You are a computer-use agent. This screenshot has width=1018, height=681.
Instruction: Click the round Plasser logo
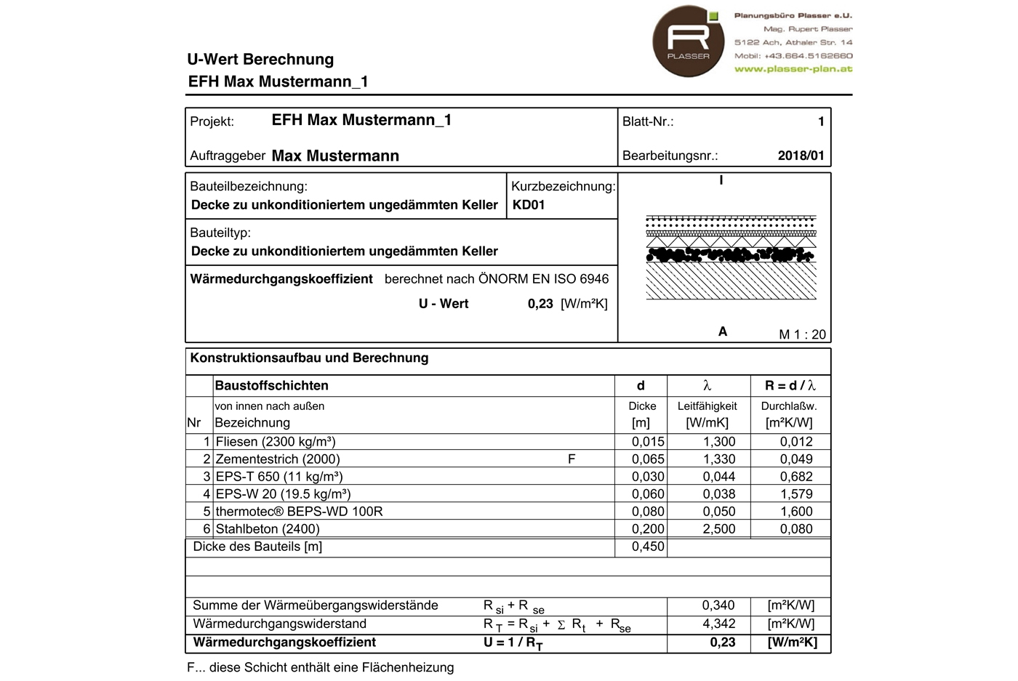point(688,41)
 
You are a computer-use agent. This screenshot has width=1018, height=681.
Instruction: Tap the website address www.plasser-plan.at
point(793,69)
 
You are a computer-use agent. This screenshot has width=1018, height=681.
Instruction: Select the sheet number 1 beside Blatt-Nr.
point(821,121)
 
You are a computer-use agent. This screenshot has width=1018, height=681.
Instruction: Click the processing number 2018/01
point(801,156)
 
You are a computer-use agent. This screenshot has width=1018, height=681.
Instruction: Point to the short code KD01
point(529,205)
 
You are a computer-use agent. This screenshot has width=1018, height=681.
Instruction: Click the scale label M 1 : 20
point(802,334)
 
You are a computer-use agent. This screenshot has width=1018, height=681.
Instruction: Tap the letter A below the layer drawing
point(723,331)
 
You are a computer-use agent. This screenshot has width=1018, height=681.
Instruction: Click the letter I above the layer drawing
point(721,180)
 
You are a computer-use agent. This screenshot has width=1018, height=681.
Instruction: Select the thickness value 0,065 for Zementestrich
point(647,459)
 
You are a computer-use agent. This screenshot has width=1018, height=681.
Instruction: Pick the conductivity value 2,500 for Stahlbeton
point(718,529)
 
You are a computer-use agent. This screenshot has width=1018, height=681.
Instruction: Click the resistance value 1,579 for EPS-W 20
point(795,494)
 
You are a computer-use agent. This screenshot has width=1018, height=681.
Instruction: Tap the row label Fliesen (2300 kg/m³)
point(276,442)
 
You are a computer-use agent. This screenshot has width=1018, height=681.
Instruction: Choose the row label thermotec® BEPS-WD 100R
point(299,512)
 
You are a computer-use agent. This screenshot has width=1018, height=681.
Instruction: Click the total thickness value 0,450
point(647,547)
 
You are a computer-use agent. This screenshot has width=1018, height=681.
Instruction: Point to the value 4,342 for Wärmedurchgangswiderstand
point(718,624)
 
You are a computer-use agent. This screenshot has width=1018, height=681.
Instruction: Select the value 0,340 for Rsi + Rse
point(718,605)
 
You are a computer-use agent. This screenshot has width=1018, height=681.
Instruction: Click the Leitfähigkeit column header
point(707,406)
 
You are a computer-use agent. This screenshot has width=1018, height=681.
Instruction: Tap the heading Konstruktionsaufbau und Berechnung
point(309,358)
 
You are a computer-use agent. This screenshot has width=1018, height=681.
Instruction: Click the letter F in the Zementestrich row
point(572,459)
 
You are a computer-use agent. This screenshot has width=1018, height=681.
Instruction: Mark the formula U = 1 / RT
point(513,642)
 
